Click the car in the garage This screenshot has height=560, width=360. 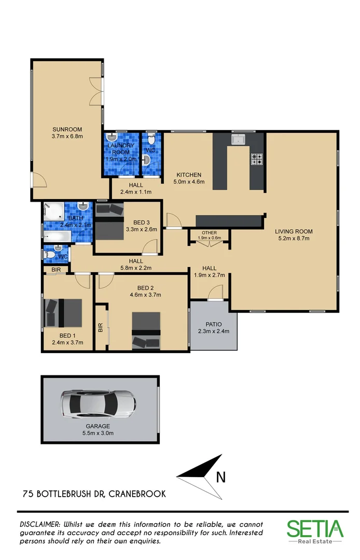tap(98, 404)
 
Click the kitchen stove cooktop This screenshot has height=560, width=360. tap(257, 159)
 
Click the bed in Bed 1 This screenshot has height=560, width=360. tap(63, 313)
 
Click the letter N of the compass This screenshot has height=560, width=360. tap(220, 476)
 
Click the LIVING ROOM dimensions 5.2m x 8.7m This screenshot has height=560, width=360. tap(294, 239)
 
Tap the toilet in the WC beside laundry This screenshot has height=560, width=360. tap(151, 140)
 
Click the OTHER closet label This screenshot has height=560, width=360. tap(209, 233)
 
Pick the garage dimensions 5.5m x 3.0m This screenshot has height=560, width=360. tap(98, 433)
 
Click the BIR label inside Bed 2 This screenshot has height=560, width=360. tap(101, 328)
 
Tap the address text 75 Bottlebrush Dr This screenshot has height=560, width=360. tap(94, 494)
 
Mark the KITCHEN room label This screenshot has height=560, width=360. tap(188, 175)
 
